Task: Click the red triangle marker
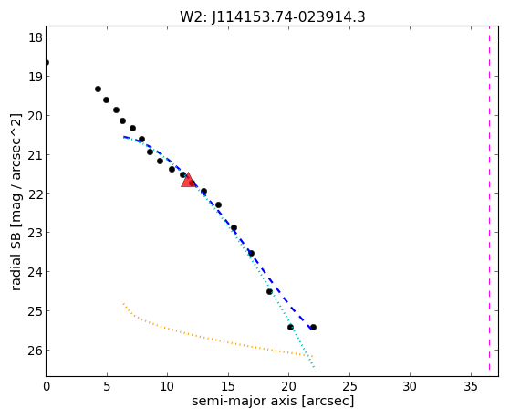(x=188, y=180)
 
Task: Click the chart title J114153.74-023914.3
(x=288, y=17)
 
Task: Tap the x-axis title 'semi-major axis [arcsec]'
(x=273, y=401)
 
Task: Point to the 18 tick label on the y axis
(x=36, y=37)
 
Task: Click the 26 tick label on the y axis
(x=36, y=351)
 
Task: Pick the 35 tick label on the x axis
(x=471, y=386)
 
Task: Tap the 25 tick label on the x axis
(x=349, y=386)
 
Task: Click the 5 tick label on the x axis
(x=107, y=386)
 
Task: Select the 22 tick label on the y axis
(x=36, y=194)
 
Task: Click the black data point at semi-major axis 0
(x=47, y=62)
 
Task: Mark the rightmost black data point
(x=313, y=327)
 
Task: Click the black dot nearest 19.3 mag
(x=98, y=89)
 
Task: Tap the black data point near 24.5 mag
(x=269, y=292)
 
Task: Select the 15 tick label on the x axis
(x=228, y=386)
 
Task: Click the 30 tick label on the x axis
(x=410, y=386)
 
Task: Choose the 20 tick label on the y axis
(x=36, y=116)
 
